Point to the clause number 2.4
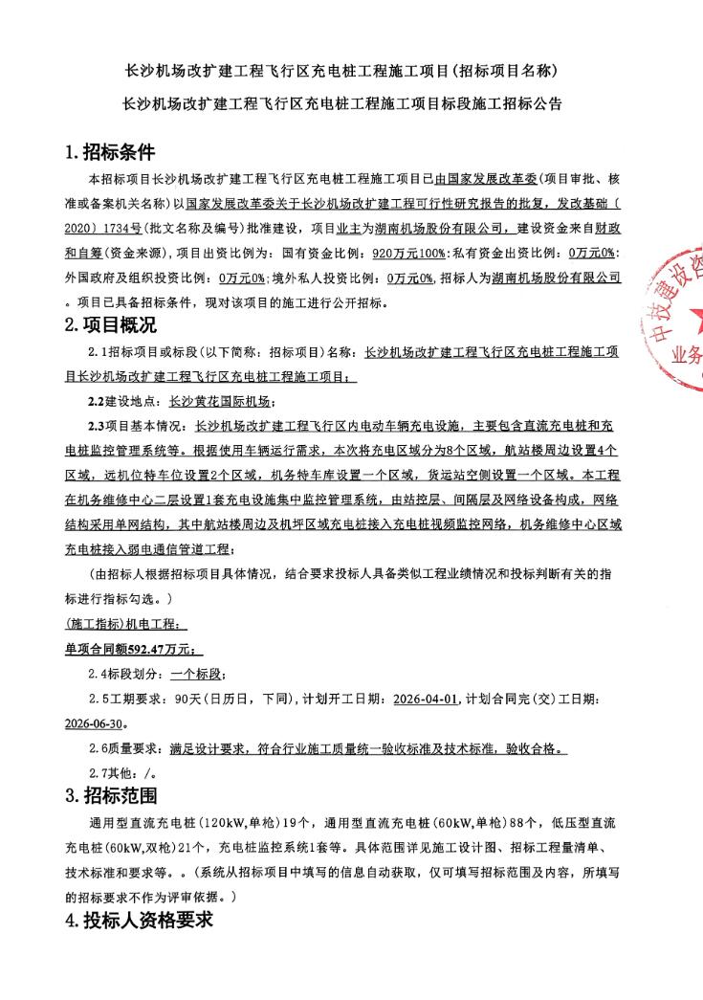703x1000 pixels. coord(99,675)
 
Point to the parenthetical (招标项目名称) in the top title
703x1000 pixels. coord(505,71)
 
